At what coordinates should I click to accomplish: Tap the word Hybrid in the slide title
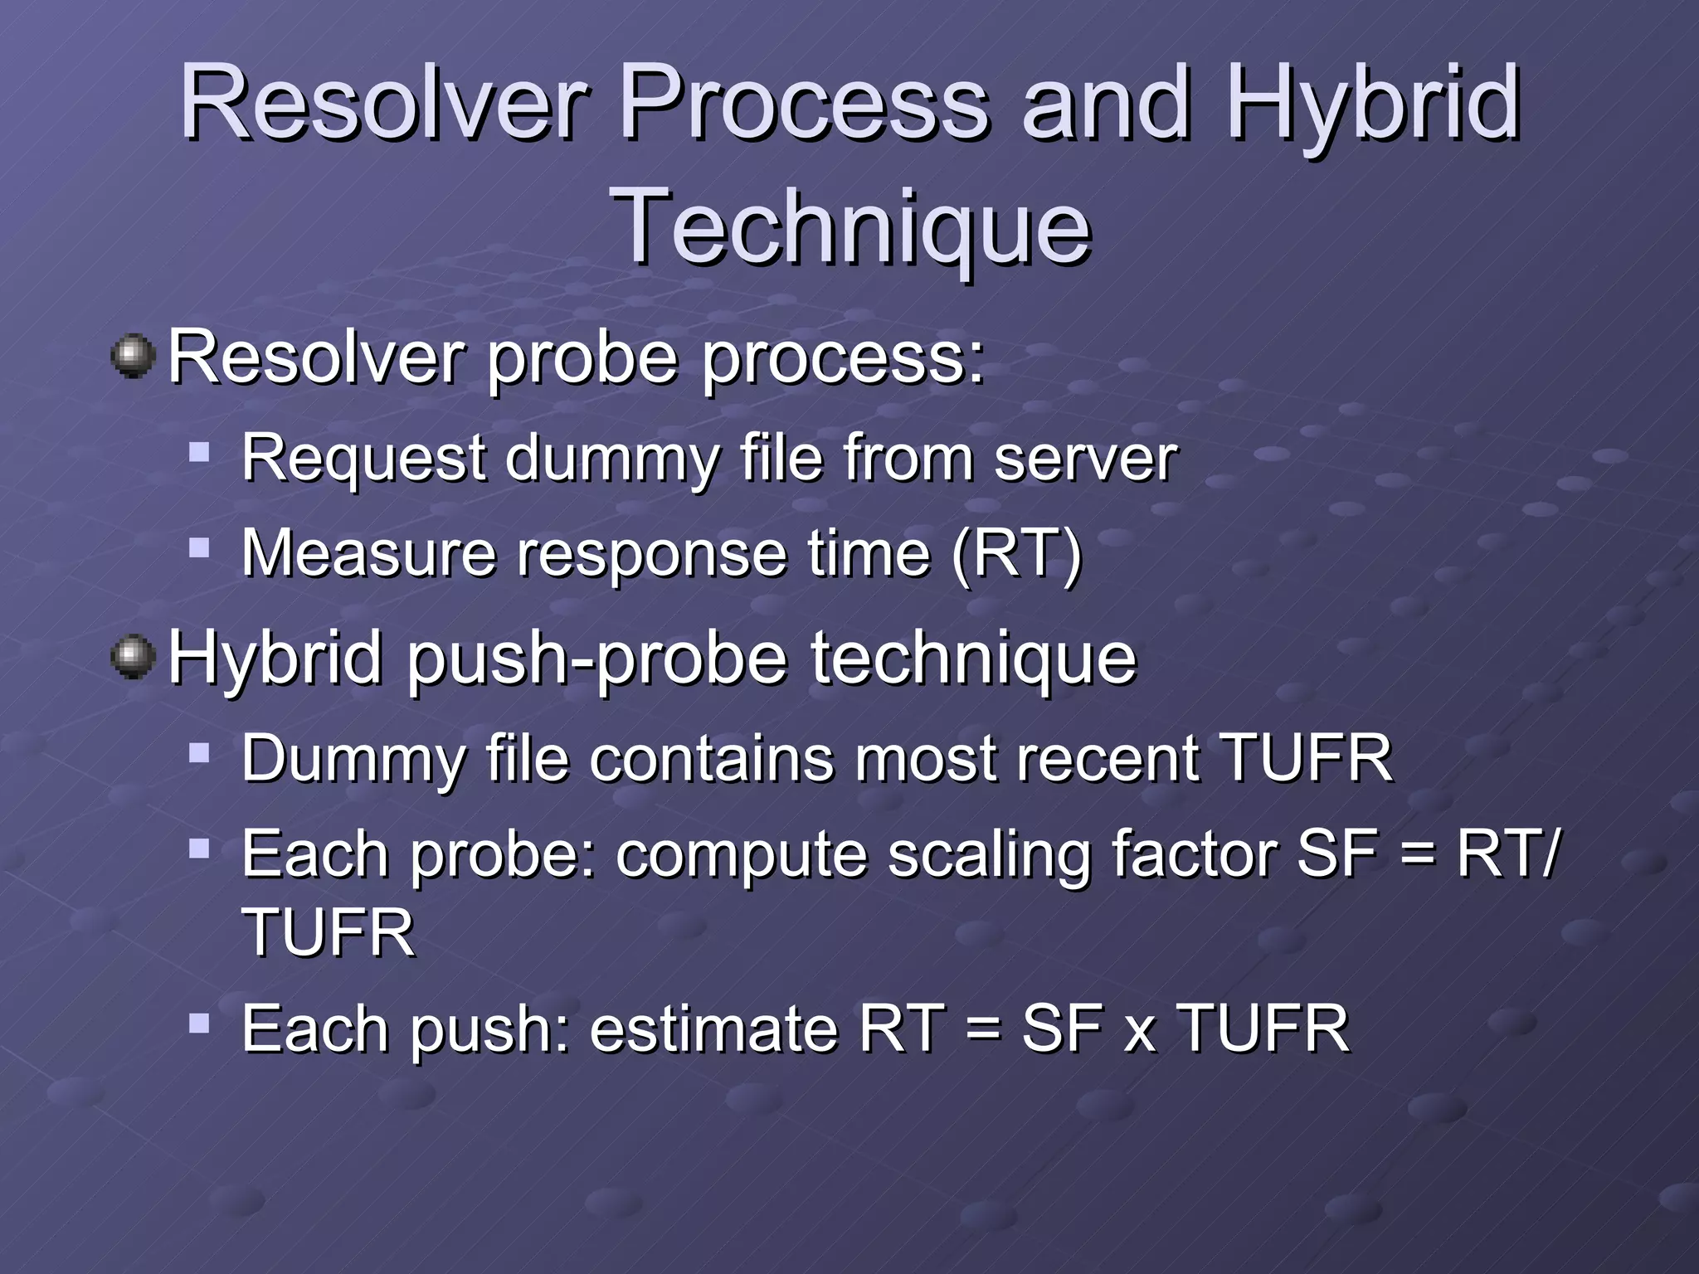point(1373,104)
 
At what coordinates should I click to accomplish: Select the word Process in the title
point(805,104)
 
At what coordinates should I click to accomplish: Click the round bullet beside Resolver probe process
point(133,357)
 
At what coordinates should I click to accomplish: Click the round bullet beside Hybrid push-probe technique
point(133,659)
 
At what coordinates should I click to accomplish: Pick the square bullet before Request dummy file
point(199,452)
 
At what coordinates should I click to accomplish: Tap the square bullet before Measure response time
point(199,547)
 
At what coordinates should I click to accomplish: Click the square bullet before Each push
point(199,1023)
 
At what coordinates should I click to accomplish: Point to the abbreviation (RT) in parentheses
point(1018,553)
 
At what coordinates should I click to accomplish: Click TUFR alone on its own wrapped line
point(328,933)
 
